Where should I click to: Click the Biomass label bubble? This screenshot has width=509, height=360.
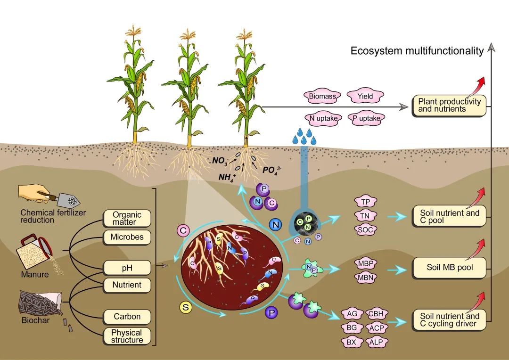(322, 97)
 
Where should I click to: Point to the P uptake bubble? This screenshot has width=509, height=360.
(366, 118)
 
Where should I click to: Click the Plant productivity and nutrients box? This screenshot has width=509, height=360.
(449, 105)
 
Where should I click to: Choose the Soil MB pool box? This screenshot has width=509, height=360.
(449, 268)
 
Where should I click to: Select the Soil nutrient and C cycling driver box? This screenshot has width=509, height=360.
(449, 319)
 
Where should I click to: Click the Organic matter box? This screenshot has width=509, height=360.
(127, 218)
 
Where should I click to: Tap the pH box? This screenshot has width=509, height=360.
(127, 268)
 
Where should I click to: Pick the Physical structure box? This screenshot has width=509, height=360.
(127, 335)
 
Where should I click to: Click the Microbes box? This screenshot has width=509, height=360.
(127, 237)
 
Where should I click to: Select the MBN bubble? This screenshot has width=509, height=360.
(365, 278)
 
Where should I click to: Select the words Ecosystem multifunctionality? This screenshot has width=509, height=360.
(417, 51)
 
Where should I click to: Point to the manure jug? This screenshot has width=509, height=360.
(35, 251)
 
